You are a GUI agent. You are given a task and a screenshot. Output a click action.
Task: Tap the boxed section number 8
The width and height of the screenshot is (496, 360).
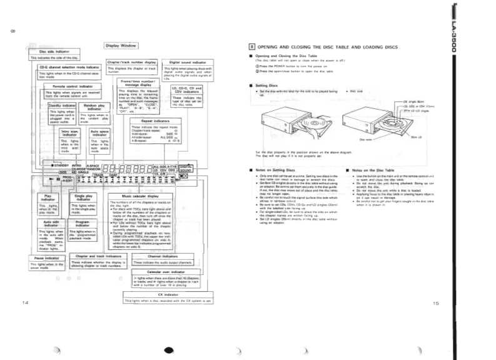point(251,47)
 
